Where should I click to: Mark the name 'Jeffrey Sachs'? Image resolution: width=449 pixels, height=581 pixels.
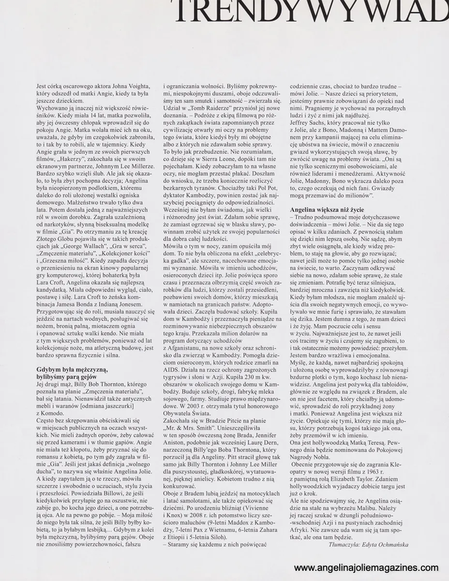point(309,122)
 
